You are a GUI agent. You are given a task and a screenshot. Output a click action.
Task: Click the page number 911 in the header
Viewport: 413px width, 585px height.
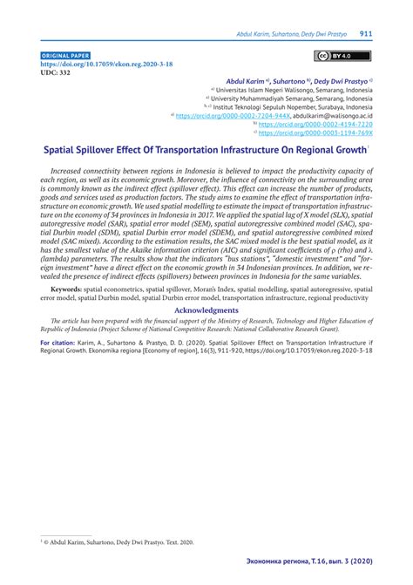pyautogui.click(x=366, y=35)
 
